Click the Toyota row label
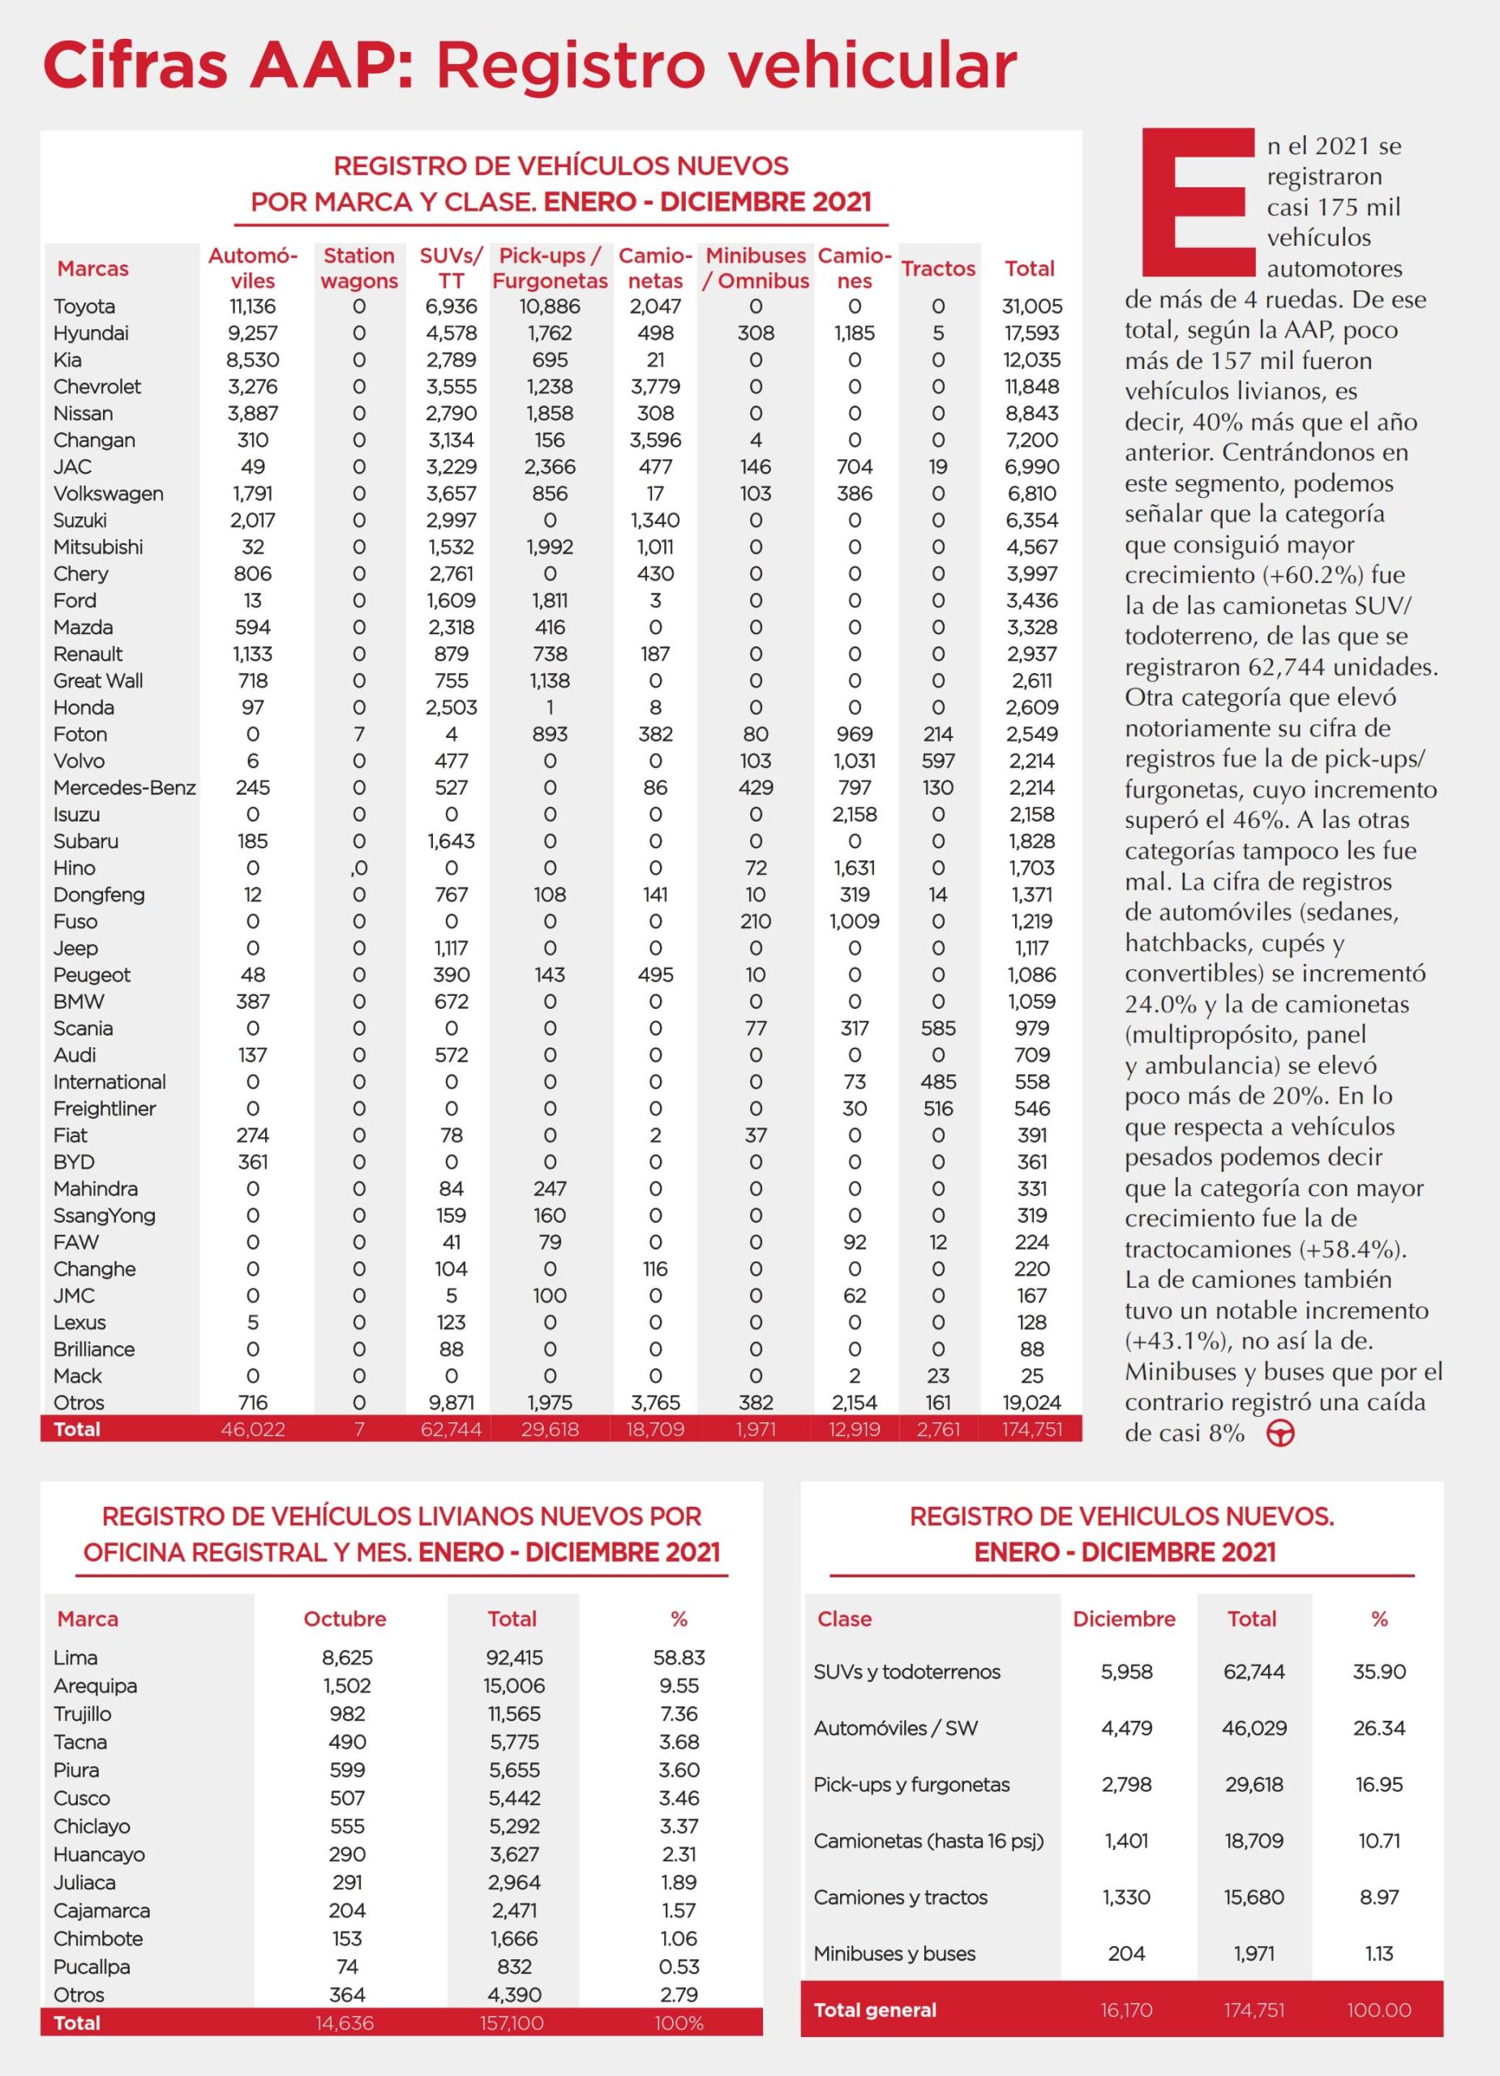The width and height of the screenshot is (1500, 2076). (x=84, y=307)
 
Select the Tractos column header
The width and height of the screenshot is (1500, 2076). (x=938, y=268)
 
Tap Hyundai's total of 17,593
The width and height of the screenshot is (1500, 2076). (x=1031, y=333)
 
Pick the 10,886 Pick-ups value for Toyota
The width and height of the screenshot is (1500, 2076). (x=549, y=307)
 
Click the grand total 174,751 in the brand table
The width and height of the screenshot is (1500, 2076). (x=1031, y=1430)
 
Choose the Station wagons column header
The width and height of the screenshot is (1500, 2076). (x=358, y=268)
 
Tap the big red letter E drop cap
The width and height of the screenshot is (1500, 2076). (x=1197, y=204)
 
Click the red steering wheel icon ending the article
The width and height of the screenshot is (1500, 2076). (x=1280, y=1434)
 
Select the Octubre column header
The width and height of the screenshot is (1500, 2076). (x=345, y=1619)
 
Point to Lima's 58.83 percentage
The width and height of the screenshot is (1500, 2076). (x=679, y=1658)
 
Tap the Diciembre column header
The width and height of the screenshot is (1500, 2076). (x=1124, y=1619)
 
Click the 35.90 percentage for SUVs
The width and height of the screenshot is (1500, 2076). (x=1378, y=1672)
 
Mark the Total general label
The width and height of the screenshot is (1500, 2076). (x=875, y=2010)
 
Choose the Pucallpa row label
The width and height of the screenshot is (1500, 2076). (x=92, y=1967)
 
